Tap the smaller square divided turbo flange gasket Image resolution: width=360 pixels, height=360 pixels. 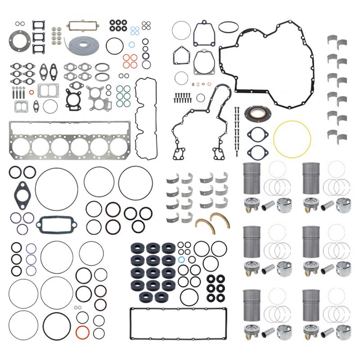[21, 106]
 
